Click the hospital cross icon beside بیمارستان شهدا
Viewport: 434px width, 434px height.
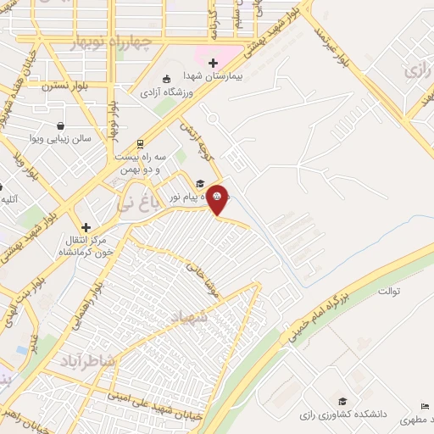point(212,62)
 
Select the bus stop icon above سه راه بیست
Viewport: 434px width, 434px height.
point(140,143)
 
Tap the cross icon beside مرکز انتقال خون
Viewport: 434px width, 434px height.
point(86,227)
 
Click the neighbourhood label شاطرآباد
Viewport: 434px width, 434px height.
point(85,360)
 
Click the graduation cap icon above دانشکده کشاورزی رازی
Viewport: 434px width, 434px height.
point(342,401)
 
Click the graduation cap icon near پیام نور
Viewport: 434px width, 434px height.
point(200,182)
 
